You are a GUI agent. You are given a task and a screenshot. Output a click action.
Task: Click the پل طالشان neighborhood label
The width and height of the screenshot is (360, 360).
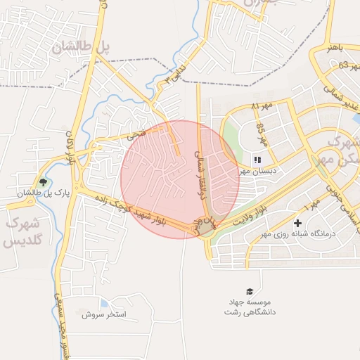click(82, 47)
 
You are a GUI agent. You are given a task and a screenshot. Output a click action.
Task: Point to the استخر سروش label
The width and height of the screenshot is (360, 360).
click(103, 314)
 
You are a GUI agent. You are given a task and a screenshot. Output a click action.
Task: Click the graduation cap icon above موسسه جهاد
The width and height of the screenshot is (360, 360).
click(249, 291)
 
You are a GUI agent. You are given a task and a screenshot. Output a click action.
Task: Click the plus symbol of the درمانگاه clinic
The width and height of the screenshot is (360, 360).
click(298, 223)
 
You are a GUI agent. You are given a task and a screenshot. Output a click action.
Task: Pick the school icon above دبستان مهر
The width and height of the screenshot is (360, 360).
click(257, 160)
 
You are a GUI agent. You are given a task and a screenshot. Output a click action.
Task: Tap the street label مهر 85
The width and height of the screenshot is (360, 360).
click(261, 131)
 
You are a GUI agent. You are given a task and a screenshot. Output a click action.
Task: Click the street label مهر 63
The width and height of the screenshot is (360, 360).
click(334, 66)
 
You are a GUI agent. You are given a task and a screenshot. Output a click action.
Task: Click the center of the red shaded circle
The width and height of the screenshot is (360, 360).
click(180, 179)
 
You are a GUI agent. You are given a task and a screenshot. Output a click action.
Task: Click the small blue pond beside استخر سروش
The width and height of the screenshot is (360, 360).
click(105, 303)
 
